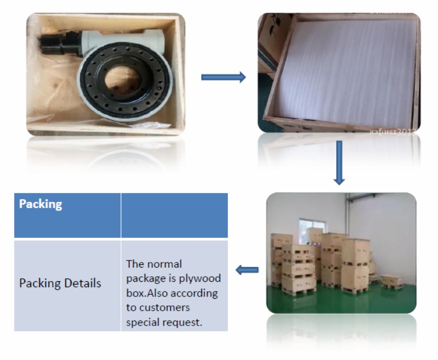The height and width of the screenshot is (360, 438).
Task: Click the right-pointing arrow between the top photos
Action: (223, 77)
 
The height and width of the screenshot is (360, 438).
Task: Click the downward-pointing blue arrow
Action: (339, 162)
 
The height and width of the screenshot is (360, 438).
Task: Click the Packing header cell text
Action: (41, 205)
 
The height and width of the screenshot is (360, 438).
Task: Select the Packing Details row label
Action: (60, 283)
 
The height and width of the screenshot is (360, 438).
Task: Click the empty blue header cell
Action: (174, 215)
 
